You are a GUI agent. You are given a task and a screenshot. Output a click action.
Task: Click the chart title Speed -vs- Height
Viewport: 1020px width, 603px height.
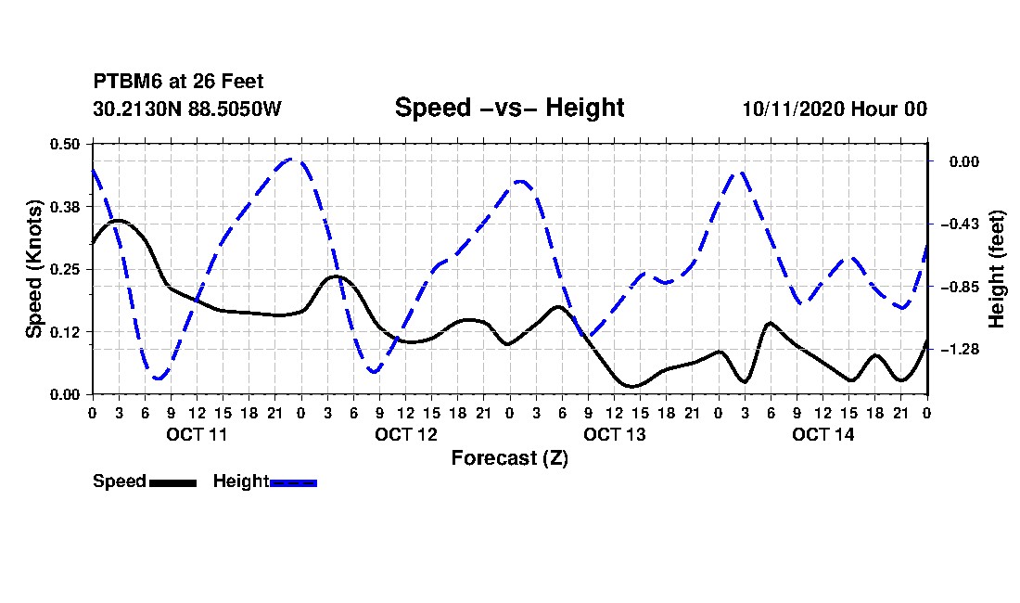(509, 108)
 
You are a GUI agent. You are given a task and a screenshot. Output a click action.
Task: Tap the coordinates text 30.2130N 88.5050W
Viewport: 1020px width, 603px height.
(187, 109)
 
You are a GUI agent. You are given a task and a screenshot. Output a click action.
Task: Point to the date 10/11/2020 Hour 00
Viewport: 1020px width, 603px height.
(835, 109)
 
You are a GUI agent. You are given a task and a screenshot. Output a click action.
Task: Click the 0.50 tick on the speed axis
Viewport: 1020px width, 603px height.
(65, 144)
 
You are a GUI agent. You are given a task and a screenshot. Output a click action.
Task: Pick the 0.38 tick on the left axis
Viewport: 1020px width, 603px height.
(65, 207)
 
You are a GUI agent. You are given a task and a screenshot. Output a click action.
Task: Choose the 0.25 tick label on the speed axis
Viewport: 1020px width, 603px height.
(65, 269)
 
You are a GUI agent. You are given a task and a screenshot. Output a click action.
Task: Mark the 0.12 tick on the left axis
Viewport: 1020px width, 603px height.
(65, 332)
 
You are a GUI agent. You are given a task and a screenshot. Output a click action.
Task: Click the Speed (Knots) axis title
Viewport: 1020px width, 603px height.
(33, 269)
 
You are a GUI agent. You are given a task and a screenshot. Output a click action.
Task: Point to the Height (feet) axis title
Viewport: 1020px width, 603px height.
(997, 269)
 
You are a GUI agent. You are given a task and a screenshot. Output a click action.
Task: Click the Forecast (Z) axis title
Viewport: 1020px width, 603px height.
(510, 458)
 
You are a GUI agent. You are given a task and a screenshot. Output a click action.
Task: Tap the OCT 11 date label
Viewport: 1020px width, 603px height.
(198, 434)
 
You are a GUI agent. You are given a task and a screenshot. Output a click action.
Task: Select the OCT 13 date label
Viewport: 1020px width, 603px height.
(615, 434)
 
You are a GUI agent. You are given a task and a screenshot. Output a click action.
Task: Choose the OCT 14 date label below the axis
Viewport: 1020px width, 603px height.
(822, 434)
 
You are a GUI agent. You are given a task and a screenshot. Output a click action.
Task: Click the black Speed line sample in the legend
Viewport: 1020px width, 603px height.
(173, 482)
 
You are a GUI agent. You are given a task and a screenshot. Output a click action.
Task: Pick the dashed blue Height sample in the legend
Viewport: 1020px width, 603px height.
(293, 482)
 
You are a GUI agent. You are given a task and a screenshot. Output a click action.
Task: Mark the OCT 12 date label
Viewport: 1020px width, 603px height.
(406, 434)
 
